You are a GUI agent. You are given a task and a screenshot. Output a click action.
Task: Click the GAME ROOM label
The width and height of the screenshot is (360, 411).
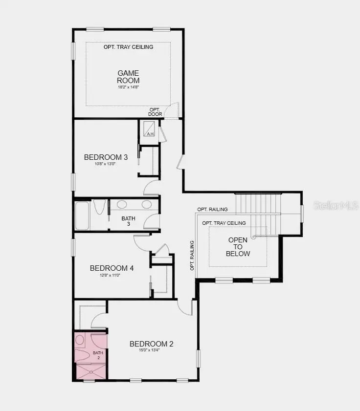128,77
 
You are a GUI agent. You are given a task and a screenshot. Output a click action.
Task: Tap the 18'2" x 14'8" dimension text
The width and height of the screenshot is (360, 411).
128,87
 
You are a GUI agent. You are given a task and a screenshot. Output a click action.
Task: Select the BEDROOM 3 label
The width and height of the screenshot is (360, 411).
106,157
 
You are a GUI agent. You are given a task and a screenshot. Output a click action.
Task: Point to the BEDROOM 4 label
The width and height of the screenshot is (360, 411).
112,268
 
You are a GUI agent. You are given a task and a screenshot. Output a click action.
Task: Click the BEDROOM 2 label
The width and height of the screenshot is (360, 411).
152,344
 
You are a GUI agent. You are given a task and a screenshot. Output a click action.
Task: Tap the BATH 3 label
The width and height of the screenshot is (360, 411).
129,221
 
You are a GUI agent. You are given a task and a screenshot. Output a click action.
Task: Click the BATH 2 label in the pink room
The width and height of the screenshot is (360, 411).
98,355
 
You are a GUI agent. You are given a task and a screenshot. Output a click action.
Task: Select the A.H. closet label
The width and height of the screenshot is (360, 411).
151,134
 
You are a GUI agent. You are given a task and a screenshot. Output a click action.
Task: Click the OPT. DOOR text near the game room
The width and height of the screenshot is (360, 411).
155,112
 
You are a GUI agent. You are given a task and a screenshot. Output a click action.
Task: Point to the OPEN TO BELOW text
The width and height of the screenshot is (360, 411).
238,247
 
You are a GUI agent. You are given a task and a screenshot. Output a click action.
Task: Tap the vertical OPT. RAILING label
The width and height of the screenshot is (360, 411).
192,256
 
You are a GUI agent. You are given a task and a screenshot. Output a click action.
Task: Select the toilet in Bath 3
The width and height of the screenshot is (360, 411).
99,208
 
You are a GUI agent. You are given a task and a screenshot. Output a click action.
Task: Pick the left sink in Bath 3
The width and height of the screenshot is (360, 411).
122,205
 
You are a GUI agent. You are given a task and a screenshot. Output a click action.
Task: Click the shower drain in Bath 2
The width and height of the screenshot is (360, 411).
90,372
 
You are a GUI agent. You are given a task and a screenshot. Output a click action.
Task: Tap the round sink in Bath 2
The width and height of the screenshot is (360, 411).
80,340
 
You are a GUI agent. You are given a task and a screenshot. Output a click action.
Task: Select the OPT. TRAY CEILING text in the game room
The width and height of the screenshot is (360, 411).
128,47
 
